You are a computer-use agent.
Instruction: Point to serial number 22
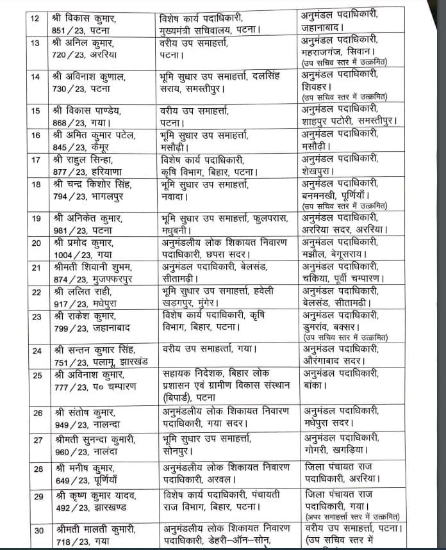pos(36,291)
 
